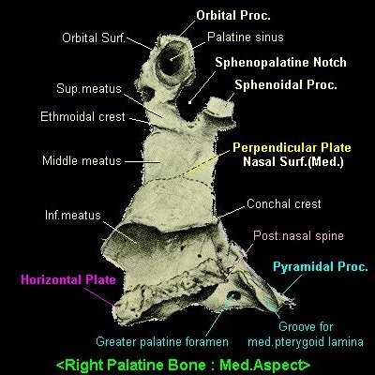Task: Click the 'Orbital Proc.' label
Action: (x=233, y=16)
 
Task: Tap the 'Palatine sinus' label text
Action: (x=246, y=37)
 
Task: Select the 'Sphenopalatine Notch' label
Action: (x=280, y=63)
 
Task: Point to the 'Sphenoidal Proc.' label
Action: (x=286, y=84)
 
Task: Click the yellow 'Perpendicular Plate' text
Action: (x=292, y=147)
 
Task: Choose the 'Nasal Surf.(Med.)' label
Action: (x=293, y=161)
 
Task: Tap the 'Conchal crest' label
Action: (x=284, y=203)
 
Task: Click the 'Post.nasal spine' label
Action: (x=298, y=235)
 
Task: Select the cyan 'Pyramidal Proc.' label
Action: (x=321, y=267)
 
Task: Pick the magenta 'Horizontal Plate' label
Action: (x=68, y=279)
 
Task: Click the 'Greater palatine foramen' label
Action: (x=162, y=341)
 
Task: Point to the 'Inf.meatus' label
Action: (x=73, y=216)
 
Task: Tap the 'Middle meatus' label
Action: (x=82, y=161)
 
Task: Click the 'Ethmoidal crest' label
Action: (x=82, y=117)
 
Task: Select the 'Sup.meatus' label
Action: (x=89, y=89)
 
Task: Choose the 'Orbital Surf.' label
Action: (x=94, y=37)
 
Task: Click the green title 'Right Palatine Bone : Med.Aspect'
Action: (x=184, y=365)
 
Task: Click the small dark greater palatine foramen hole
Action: (x=233, y=294)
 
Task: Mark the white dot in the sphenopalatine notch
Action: (x=189, y=102)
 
